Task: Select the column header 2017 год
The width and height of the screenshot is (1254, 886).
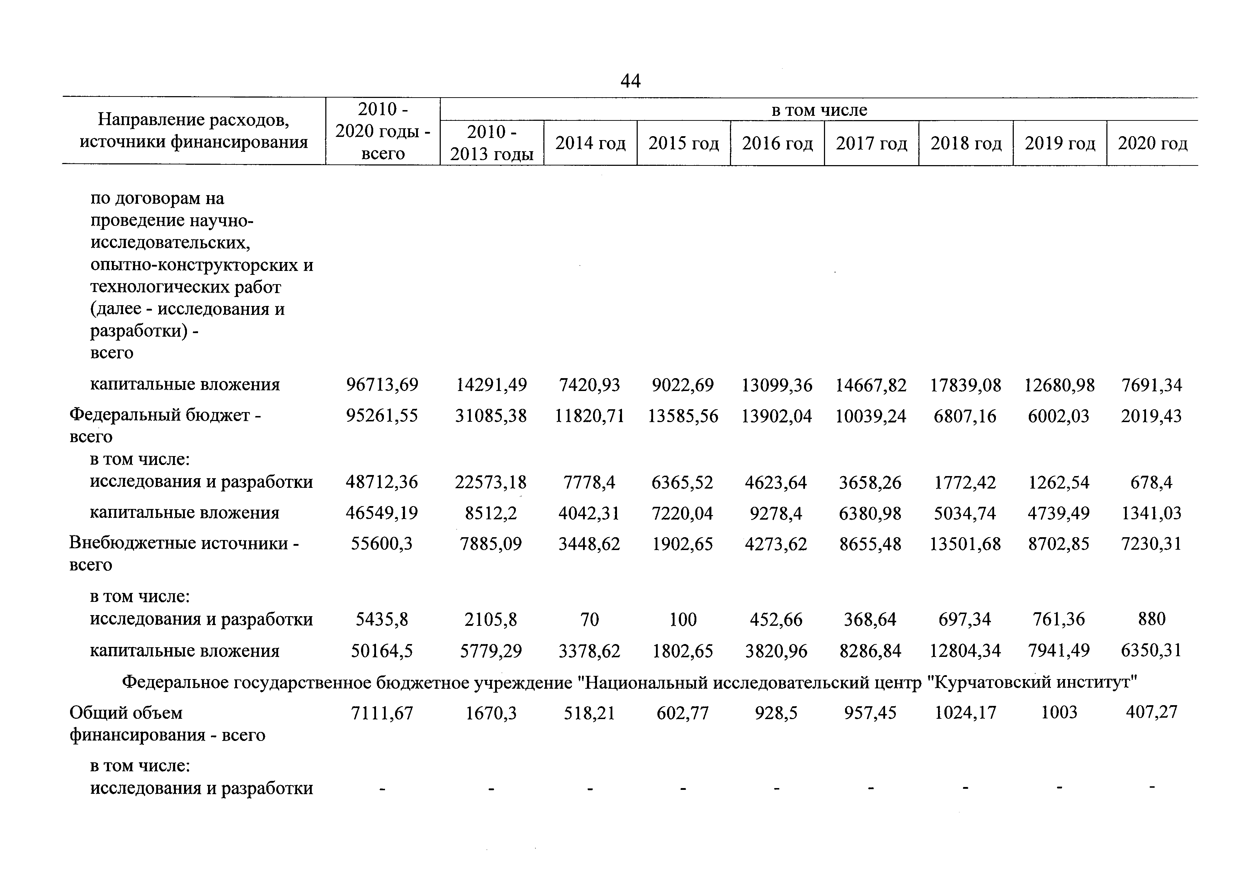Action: (871, 143)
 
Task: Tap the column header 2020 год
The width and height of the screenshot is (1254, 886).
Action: (1152, 143)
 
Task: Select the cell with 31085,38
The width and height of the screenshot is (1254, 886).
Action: (491, 416)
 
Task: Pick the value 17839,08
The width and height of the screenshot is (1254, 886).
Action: (966, 385)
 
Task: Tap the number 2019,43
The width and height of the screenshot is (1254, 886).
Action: (1151, 416)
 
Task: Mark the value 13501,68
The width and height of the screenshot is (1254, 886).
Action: (966, 544)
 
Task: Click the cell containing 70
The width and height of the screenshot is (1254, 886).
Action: (590, 619)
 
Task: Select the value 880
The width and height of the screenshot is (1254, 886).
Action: (1152, 619)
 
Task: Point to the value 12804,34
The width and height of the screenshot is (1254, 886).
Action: (966, 651)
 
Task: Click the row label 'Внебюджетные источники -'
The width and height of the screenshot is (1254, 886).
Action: (184, 544)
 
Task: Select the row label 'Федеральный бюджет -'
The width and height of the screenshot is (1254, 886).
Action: (165, 416)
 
